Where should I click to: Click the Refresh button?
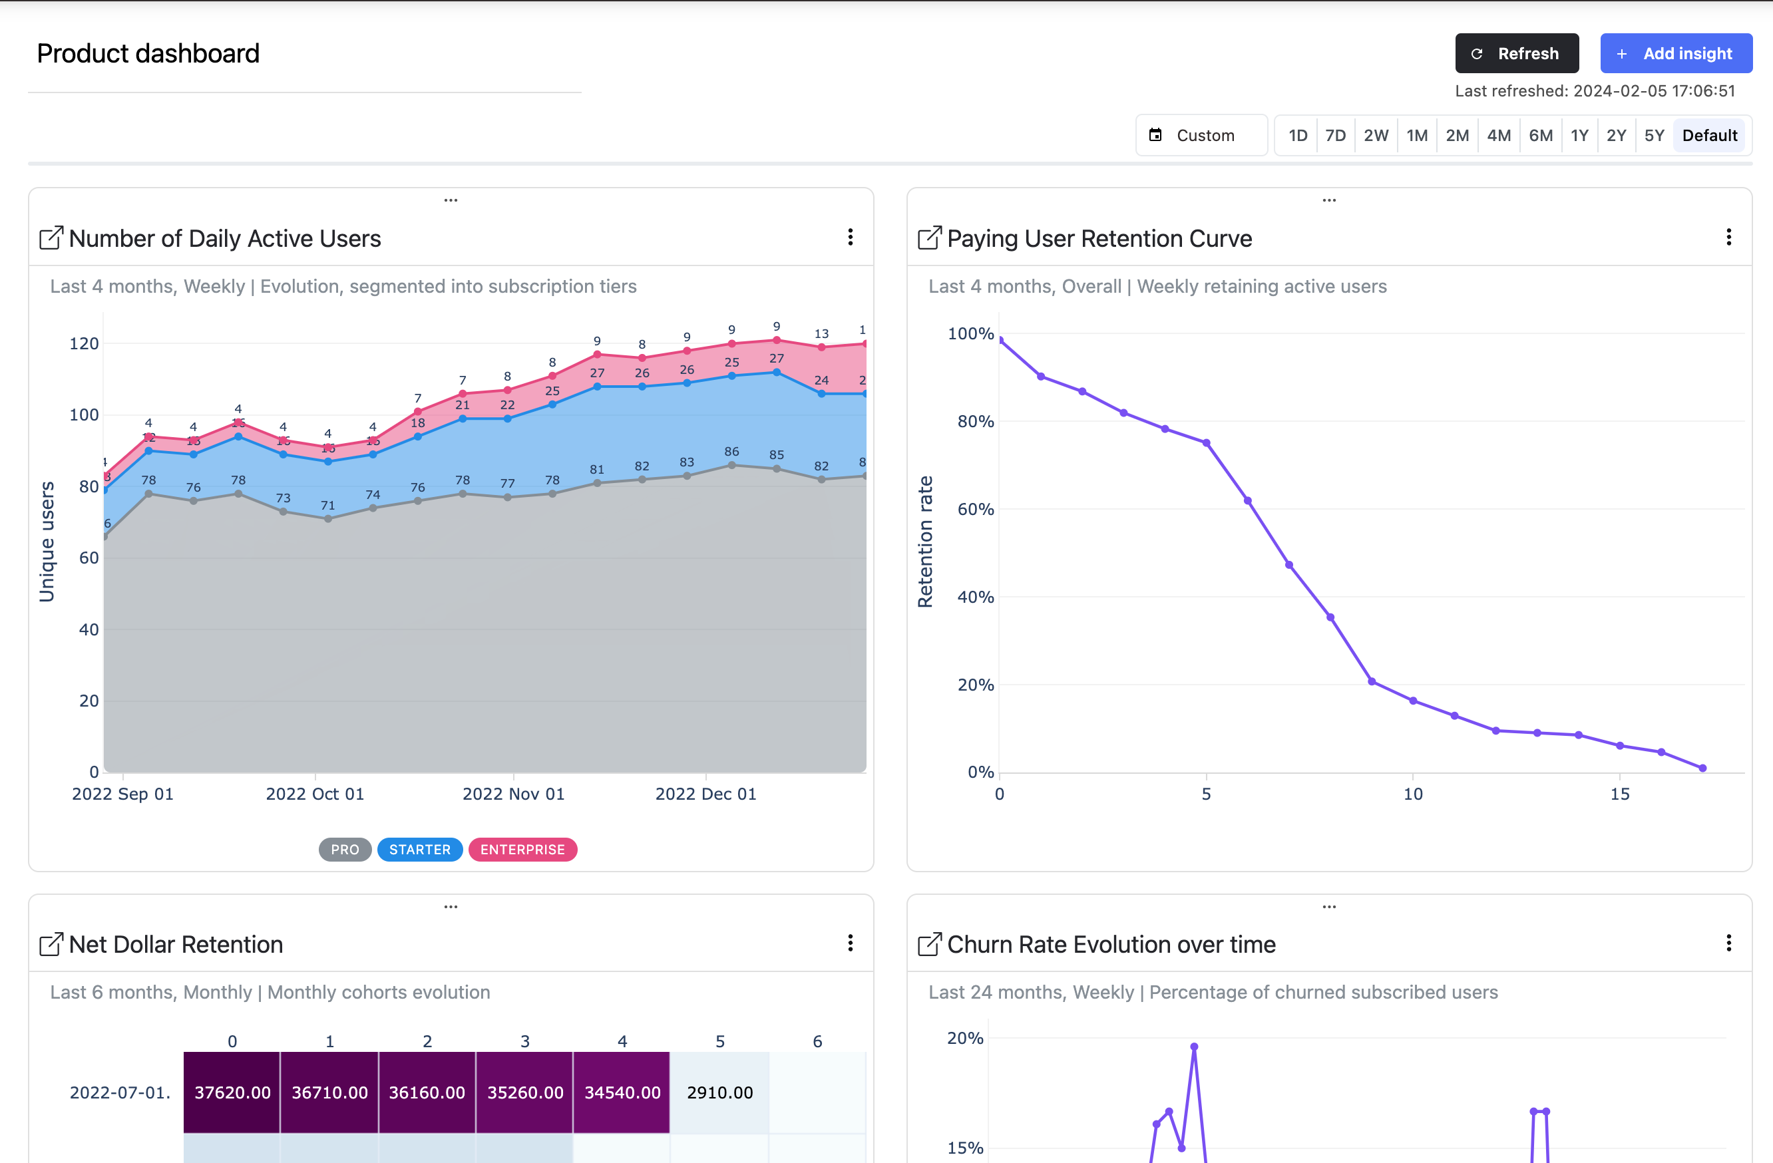tap(1516, 54)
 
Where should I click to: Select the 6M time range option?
tap(1540, 136)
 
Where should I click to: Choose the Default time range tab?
tap(1709, 136)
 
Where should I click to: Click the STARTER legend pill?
tap(419, 850)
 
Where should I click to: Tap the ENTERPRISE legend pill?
tap(522, 850)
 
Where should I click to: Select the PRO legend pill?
tap(345, 850)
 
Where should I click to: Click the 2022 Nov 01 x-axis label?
tap(513, 794)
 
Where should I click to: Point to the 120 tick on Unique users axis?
tap(83, 343)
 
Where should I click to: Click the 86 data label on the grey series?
tap(731, 451)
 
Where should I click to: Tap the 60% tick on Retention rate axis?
tap(974, 509)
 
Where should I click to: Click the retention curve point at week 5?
tap(1206, 443)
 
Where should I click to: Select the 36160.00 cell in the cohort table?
tap(427, 1092)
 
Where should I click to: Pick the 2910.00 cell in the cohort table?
tap(719, 1092)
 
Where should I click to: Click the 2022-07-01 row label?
tap(119, 1092)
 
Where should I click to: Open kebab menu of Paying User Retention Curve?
tap(1728, 238)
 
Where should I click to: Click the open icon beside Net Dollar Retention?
tap(51, 944)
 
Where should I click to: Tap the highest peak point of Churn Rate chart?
tap(1193, 1047)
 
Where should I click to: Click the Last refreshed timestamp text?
tap(1594, 91)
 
